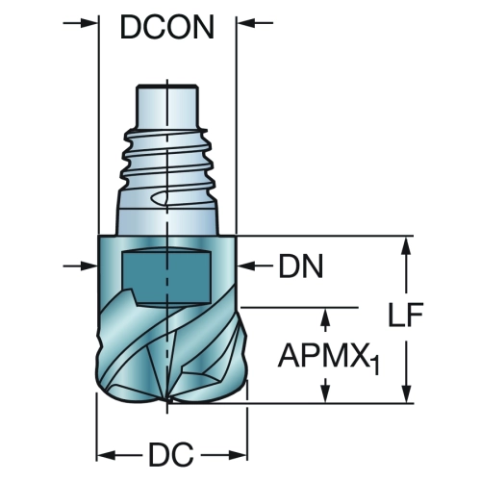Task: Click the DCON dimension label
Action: click(x=167, y=27)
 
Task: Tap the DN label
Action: click(x=301, y=266)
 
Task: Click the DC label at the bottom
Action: click(x=171, y=454)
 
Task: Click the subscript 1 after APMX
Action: click(x=375, y=366)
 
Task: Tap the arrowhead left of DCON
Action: click(x=89, y=23)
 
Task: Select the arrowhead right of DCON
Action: click(x=245, y=23)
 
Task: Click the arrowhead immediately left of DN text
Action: click(x=245, y=266)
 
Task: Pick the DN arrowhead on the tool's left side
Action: click(x=89, y=266)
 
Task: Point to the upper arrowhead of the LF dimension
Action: click(x=406, y=245)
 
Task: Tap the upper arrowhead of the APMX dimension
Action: click(x=326, y=316)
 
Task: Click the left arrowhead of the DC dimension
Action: click(x=106, y=455)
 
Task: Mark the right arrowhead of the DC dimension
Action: click(x=239, y=455)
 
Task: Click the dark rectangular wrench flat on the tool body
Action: click(x=166, y=276)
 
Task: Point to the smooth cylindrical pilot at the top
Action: click(x=166, y=106)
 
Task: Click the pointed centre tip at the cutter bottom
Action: click(x=167, y=401)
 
